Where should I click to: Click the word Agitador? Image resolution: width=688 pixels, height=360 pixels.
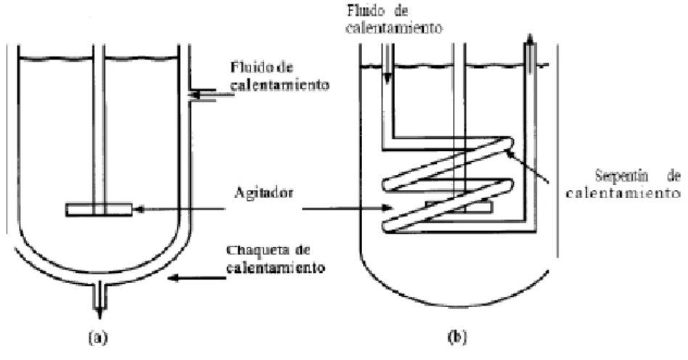pos(263,193)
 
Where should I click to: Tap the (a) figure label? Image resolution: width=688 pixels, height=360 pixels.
pos(98,337)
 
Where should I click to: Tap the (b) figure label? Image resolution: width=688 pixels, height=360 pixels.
pos(456,337)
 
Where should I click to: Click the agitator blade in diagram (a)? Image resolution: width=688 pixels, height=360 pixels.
pos(99,210)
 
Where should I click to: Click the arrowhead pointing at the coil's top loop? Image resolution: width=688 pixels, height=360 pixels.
pos(509,152)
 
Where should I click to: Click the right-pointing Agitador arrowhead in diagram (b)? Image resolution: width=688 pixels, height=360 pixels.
pos(386,208)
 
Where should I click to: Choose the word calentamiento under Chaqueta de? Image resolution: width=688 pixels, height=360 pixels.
pos(276,267)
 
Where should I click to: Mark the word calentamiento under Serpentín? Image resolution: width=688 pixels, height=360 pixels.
pos(623,193)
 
